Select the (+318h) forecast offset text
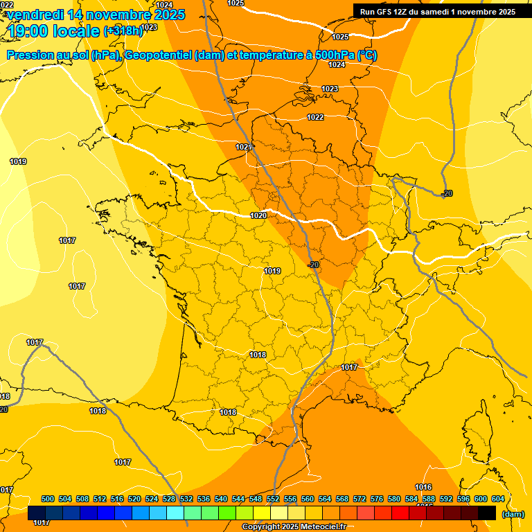coord(123,30)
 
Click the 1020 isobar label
coord(258,215)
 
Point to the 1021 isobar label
coord(243,147)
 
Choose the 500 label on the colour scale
coord(48,499)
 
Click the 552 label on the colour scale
coord(273,499)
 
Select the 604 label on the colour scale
coord(498,499)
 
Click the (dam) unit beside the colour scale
coord(513,514)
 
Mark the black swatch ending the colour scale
coord(487,513)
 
